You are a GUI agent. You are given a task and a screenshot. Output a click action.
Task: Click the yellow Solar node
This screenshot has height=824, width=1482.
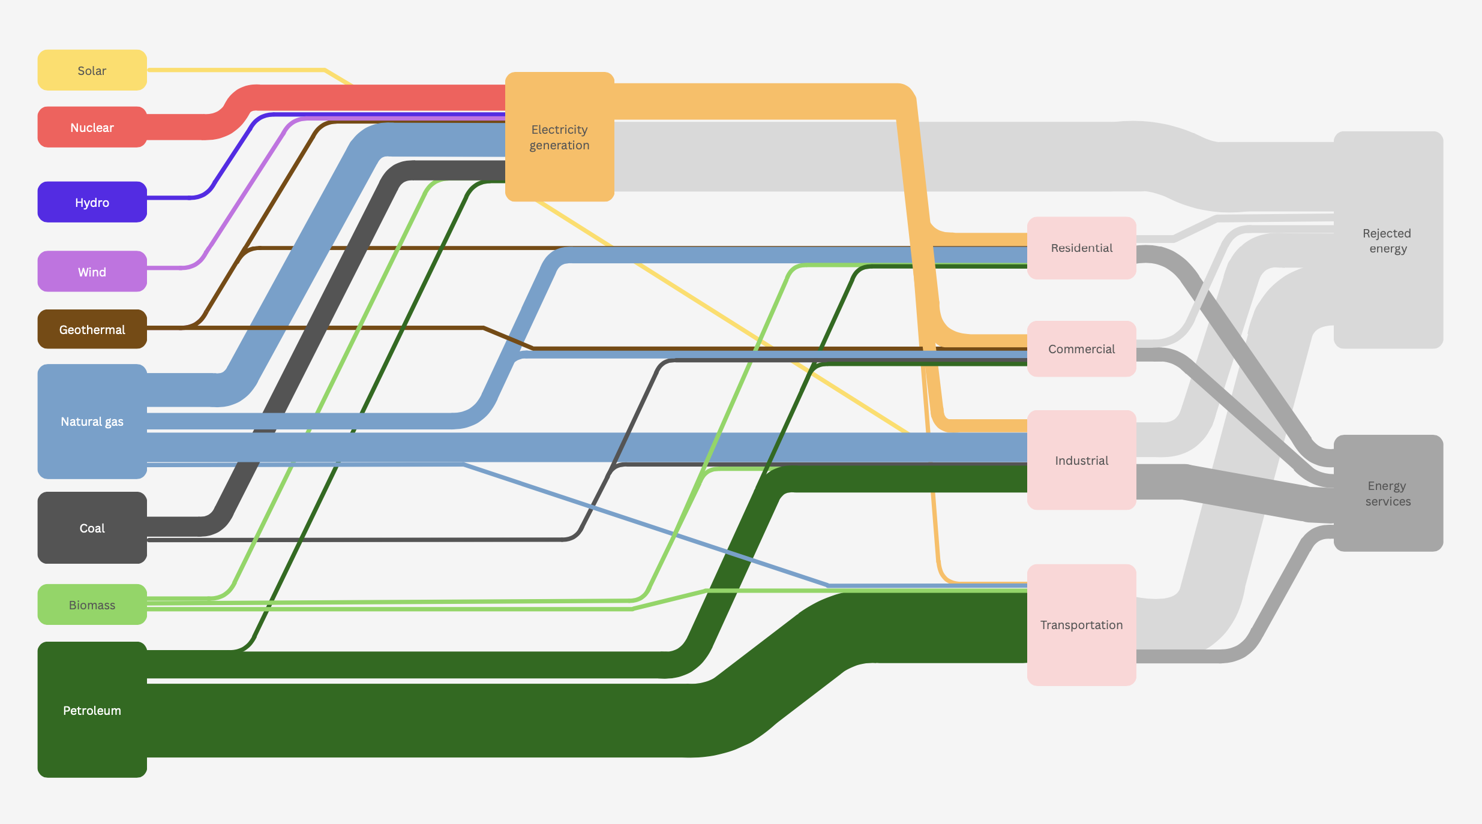[92, 70]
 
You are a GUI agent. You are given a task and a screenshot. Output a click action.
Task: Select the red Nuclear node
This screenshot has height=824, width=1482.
[92, 127]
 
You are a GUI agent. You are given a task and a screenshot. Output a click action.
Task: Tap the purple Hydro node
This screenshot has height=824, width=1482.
[92, 202]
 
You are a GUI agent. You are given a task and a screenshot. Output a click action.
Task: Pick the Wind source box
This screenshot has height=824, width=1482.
[92, 272]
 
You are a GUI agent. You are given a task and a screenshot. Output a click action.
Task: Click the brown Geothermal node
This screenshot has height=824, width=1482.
[92, 329]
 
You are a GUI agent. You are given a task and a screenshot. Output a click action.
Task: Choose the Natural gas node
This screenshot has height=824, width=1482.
[92, 422]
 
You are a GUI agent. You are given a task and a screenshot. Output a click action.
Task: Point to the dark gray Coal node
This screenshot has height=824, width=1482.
[92, 528]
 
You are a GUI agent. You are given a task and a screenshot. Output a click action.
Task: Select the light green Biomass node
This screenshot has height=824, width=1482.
[92, 605]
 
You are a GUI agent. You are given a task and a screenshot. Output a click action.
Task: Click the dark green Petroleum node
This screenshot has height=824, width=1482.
[92, 710]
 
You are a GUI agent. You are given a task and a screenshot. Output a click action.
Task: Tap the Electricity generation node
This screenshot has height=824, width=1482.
[559, 137]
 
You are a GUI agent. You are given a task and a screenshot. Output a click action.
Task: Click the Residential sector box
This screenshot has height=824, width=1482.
[1081, 248]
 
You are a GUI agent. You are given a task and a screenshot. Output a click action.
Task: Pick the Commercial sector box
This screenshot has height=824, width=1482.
[1081, 349]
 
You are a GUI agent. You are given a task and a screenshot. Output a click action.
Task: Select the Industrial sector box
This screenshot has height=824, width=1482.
[1081, 460]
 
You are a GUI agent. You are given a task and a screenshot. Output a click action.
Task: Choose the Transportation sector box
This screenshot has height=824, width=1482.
[1081, 625]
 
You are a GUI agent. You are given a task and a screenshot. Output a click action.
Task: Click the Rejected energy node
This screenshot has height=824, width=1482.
[1388, 240]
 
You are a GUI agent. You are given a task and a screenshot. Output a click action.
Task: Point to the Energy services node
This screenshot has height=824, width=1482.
[1388, 493]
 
